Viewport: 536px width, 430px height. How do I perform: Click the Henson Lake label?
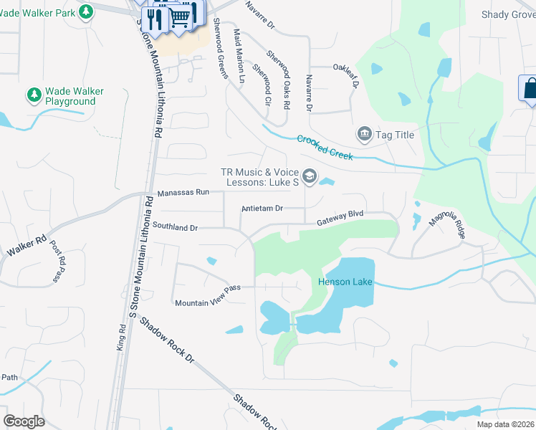[345, 282]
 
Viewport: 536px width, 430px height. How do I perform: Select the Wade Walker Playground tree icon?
[33, 95]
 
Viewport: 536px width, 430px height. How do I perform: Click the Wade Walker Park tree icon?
[86, 12]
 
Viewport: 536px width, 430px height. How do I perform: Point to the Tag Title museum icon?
[364, 134]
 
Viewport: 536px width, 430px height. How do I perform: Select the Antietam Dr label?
[262, 209]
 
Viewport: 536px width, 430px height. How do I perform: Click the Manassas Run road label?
[183, 193]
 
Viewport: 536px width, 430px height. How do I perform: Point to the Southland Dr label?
[174, 226]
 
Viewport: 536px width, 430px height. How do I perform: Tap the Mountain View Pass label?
[207, 295]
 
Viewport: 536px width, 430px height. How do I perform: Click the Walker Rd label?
[27, 247]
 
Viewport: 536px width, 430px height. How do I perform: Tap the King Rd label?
[121, 338]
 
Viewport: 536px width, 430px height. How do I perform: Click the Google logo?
[24, 421]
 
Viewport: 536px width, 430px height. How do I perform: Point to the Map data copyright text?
[506, 424]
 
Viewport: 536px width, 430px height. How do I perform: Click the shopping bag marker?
[530, 89]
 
